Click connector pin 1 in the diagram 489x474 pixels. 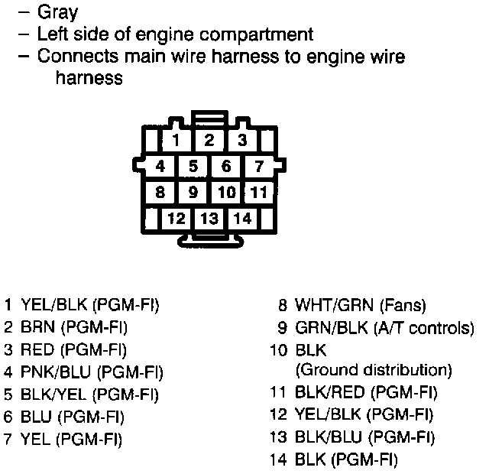(x=176, y=140)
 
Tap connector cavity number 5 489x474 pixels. (x=193, y=166)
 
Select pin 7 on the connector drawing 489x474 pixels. (x=259, y=166)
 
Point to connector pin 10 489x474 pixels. (x=226, y=192)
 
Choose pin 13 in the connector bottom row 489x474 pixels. (x=209, y=219)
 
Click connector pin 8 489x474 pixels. (x=160, y=192)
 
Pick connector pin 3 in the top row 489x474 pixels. (x=242, y=140)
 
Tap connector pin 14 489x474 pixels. (x=242, y=219)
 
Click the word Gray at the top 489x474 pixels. (x=57, y=13)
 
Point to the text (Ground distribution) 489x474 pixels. (x=373, y=370)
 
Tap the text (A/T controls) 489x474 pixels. (x=424, y=328)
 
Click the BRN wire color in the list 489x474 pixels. (x=37, y=328)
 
